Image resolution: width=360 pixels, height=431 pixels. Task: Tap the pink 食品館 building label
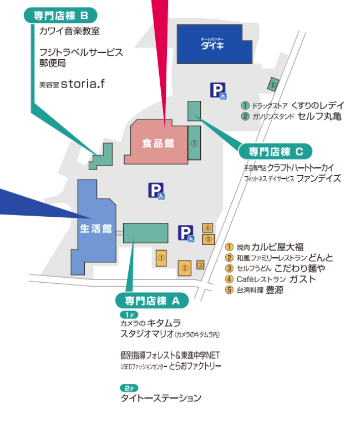coord(158,143)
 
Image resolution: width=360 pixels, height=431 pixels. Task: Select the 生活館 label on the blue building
coord(96,228)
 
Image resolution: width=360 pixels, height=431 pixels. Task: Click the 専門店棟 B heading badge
coord(61,15)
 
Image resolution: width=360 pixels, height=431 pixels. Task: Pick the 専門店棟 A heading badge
coord(152,301)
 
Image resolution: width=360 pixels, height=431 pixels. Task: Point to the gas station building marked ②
coord(273,84)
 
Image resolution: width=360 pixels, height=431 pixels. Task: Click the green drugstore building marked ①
coord(194,143)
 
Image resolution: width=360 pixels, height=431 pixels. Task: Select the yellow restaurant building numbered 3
coord(200,265)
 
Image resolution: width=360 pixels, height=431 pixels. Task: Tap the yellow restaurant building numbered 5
coord(208,239)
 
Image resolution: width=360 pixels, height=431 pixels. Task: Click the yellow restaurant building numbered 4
coord(207,227)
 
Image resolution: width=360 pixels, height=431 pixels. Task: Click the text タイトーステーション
coord(161,398)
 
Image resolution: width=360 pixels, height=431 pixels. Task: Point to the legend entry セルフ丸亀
coord(319,116)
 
